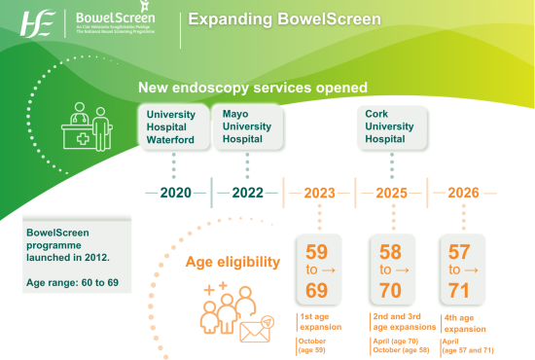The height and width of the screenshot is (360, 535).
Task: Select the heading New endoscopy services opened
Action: [x=252, y=88]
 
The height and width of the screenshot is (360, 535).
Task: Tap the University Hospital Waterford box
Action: [x=171, y=127]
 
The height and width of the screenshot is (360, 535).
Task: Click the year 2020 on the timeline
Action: [x=175, y=193]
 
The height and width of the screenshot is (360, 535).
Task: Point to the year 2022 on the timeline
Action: [x=247, y=193]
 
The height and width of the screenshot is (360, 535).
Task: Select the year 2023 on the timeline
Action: [x=320, y=193]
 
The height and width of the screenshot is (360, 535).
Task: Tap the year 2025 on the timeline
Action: [x=392, y=193]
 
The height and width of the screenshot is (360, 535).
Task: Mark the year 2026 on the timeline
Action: [x=463, y=193]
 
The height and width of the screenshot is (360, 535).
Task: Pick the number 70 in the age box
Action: [x=391, y=291]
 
